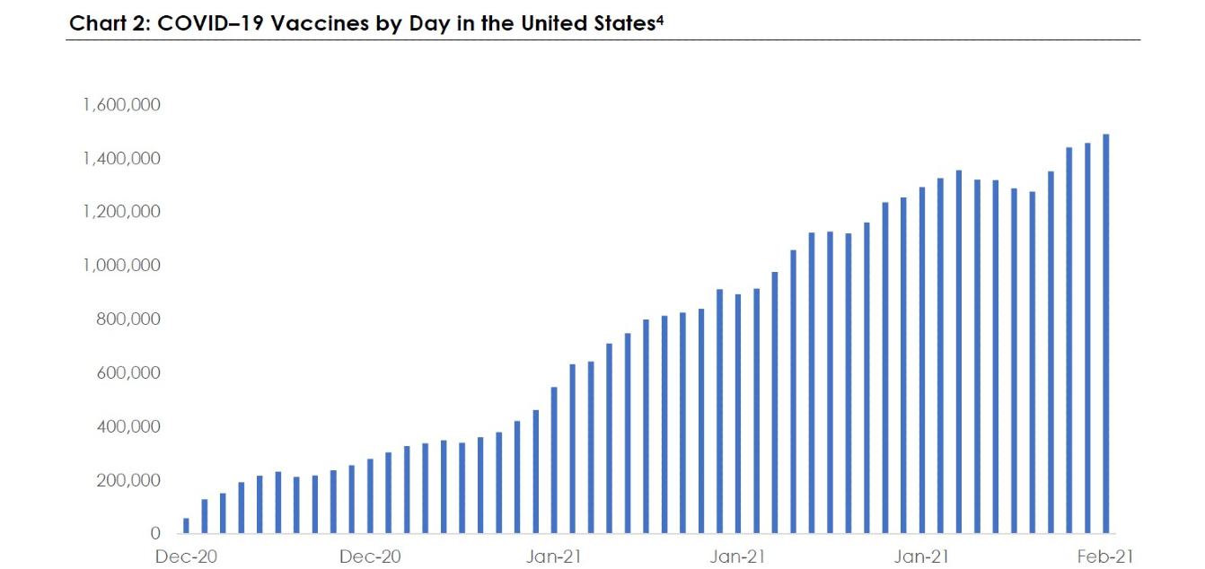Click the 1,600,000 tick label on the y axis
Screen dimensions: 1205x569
coord(121,104)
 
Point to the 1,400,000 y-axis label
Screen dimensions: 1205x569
coord(121,158)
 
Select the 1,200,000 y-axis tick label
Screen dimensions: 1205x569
coord(121,212)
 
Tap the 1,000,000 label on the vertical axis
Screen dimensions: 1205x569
coord(121,265)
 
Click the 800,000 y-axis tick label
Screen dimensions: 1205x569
coord(128,319)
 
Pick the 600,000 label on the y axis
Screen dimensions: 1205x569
coord(128,372)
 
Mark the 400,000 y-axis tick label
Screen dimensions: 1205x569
coord(128,426)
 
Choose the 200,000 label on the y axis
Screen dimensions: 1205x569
coord(128,480)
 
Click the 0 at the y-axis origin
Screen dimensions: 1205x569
coord(155,533)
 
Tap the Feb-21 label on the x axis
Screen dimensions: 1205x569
coord(1105,556)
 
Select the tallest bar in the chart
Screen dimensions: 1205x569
coord(1106,334)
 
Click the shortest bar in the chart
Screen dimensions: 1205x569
coord(186,526)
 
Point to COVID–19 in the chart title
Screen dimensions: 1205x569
coord(210,23)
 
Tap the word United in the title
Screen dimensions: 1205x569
coord(554,23)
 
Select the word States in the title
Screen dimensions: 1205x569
coord(625,23)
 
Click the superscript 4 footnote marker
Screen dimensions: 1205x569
coord(660,21)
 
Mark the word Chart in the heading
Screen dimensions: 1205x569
coord(97,23)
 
